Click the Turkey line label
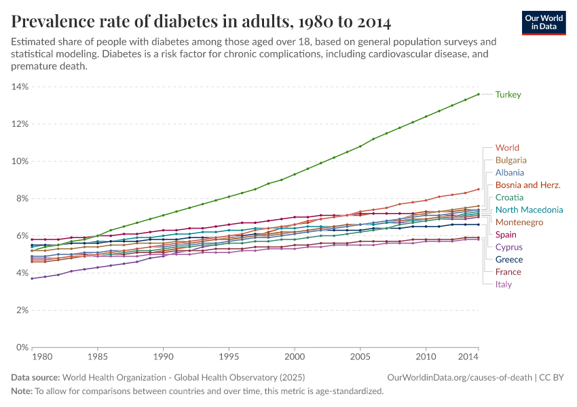(x=508, y=94)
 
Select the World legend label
(x=507, y=148)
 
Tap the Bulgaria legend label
(x=511, y=160)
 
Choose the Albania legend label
(x=510, y=172)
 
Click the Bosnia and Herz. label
(x=527, y=185)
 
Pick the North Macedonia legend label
(x=529, y=210)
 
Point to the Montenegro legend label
(x=519, y=222)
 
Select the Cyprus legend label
(x=509, y=247)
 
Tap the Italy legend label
(x=504, y=284)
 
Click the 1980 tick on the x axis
(x=41, y=357)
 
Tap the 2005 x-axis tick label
(x=360, y=357)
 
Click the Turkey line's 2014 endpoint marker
(x=479, y=94)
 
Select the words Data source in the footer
(x=35, y=377)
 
